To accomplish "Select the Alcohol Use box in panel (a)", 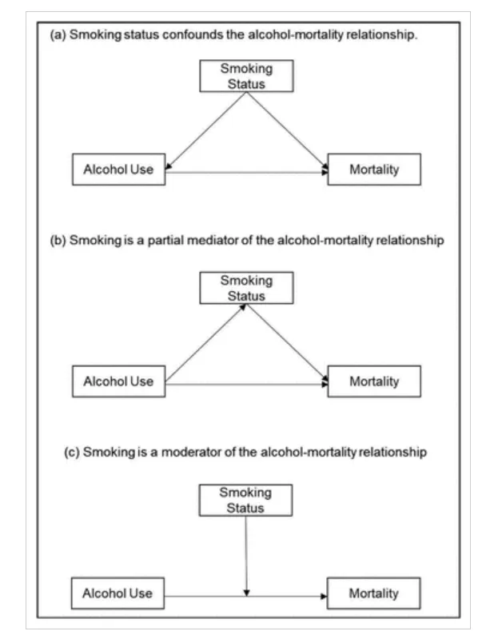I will click(x=118, y=170).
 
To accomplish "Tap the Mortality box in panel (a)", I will click(x=373, y=170).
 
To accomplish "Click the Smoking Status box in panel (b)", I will click(x=246, y=288).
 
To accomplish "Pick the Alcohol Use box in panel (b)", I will click(x=118, y=381).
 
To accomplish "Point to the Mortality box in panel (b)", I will click(x=373, y=381).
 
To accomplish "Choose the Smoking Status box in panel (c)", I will click(x=245, y=500).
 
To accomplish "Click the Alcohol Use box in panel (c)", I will click(x=118, y=593).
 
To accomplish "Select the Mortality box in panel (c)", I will click(x=373, y=593).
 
